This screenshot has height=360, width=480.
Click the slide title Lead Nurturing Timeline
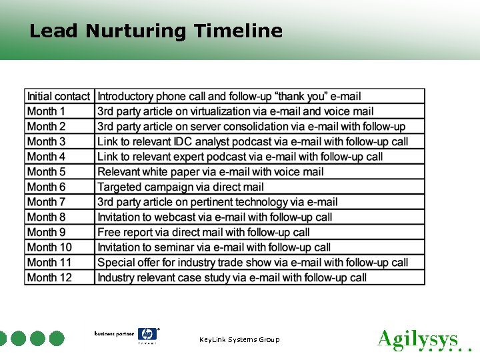pyautogui.click(x=156, y=31)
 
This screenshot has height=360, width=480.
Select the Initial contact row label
pyautogui.click(x=59, y=97)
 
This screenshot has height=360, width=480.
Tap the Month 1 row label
pyautogui.click(x=47, y=111)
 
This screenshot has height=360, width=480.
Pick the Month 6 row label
pyautogui.click(x=47, y=187)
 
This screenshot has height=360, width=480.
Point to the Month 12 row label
pyautogui.click(x=49, y=277)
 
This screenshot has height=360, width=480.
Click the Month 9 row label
pyautogui.click(x=47, y=232)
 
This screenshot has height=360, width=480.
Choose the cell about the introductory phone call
pyautogui.click(x=229, y=97)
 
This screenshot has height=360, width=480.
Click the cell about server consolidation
pyautogui.click(x=251, y=127)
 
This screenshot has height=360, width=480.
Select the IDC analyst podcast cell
pyautogui.click(x=253, y=141)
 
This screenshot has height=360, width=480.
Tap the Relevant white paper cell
pyautogui.click(x=211, y=171)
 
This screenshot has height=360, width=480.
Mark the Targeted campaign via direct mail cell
pyautogui.click(x=181, y=187)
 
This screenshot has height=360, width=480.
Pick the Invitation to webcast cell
pyautogui.click(x=215, y=217)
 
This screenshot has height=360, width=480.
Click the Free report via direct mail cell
pyautogui.click(x=203, y=232)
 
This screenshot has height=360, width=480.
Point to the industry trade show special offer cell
pyautogui.click(x=253, y=262)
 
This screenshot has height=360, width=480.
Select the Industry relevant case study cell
pyautogui.click(x=232, y=277)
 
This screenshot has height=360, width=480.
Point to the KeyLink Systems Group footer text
pyautogui.click(x=239, y=340)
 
